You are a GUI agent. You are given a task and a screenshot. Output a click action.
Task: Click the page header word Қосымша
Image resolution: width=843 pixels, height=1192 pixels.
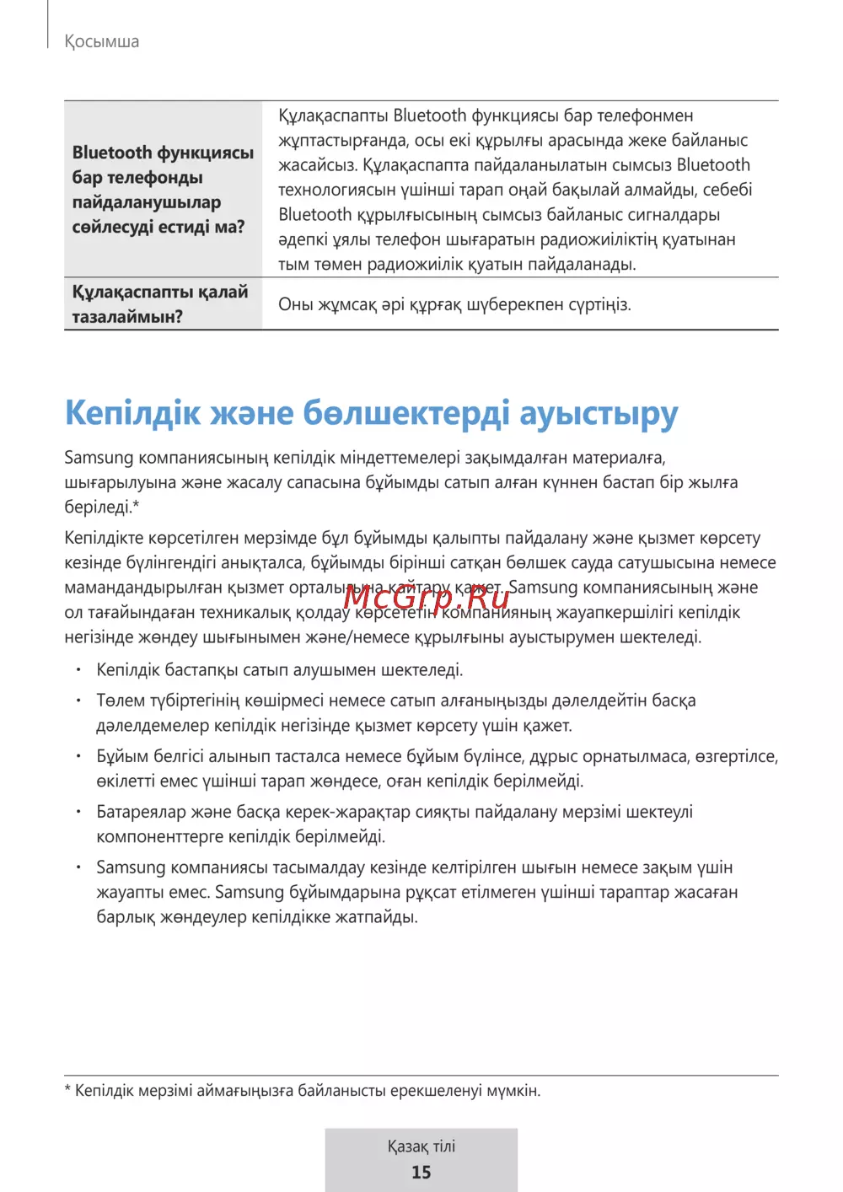click(x=102, y=41)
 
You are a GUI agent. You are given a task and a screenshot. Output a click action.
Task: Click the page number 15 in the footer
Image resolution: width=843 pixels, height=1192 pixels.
click(x=421, y=1172)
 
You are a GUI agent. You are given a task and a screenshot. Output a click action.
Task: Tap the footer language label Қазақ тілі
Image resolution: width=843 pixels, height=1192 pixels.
click(x=421, y=1146)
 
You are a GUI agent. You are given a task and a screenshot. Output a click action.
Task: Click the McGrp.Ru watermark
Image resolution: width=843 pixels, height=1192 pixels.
click(x=427, y=598)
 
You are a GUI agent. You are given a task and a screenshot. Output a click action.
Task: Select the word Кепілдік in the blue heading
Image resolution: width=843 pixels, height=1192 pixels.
click(x=133, y=413)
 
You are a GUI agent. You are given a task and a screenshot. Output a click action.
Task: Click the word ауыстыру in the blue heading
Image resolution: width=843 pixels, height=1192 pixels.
click(x=598, y=413)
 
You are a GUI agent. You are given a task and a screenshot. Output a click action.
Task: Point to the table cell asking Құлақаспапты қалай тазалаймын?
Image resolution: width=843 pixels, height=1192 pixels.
click(x=160, y=304)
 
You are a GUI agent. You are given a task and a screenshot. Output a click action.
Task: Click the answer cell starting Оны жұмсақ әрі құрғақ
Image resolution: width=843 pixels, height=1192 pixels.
click(x=454, y=304)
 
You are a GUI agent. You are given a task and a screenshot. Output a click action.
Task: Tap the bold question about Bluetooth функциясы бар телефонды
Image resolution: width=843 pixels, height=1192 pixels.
click(x=163, y=190)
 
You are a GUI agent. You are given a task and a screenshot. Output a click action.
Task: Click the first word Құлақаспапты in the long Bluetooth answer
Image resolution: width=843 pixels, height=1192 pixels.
click(x=333, y=115)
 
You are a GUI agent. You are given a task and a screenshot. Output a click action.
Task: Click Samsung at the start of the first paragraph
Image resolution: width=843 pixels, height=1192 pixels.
click(x=99, y=458)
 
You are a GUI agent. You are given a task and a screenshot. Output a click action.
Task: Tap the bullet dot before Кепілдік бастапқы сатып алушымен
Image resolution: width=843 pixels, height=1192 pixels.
click(x=78, y=670)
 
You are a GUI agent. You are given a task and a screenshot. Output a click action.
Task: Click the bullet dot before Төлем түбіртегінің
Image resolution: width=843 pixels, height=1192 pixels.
click(x=78, y=701)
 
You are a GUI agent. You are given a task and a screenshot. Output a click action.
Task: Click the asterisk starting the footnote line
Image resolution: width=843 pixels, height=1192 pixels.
click(x=67, y=1090)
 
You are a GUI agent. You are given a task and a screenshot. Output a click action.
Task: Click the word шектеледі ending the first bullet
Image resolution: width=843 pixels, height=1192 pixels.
click(x=421, y=670)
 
